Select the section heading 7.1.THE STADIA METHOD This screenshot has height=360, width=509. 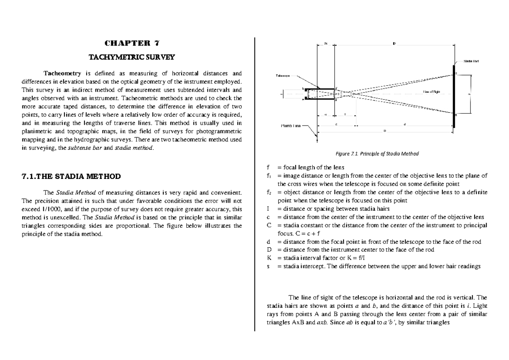click(x=71, y=176)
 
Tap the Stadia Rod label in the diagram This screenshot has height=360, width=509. click(x=471, y=61)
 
